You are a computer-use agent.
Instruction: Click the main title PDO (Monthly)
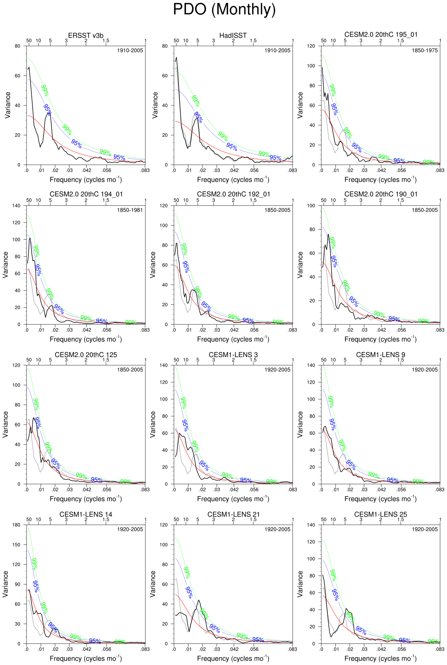click(224, 10)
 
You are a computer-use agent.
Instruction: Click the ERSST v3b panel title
click(86, 35)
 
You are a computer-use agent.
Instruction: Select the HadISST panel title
click(233, 35)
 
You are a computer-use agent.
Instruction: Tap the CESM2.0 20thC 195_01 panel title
click(381, 34)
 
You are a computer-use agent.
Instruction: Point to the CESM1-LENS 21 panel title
click(233, 514)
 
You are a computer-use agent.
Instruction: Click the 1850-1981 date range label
click(130, 210)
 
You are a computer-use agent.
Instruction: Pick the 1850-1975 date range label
click(424, 50)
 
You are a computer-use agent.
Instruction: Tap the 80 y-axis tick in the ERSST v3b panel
click(17, 46)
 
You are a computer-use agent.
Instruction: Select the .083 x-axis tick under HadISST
click(292, 170)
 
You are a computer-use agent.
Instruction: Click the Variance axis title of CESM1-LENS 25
click(300, 584)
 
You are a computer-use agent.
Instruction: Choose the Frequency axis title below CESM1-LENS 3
click(233, 499)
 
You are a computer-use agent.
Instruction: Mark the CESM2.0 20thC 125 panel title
click(86, 355)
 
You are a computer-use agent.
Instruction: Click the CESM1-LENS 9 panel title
click(380, 355)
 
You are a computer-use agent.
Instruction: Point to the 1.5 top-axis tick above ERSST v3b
click(106, 41)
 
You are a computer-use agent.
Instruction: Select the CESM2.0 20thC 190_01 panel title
click(381, 194)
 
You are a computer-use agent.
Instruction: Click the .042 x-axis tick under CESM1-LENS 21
click(234, 649)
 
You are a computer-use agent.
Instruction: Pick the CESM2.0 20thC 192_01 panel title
click(233, 194)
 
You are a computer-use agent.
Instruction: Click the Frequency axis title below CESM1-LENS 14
click(86, 658)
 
